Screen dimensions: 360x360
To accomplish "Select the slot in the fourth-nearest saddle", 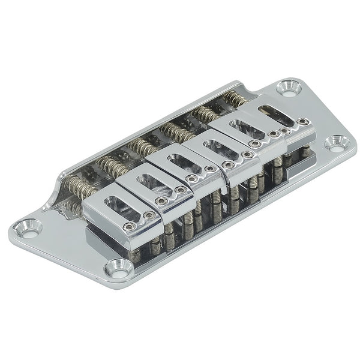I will [214, 145].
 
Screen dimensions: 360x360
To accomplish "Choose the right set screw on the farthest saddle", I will [303, 122].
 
